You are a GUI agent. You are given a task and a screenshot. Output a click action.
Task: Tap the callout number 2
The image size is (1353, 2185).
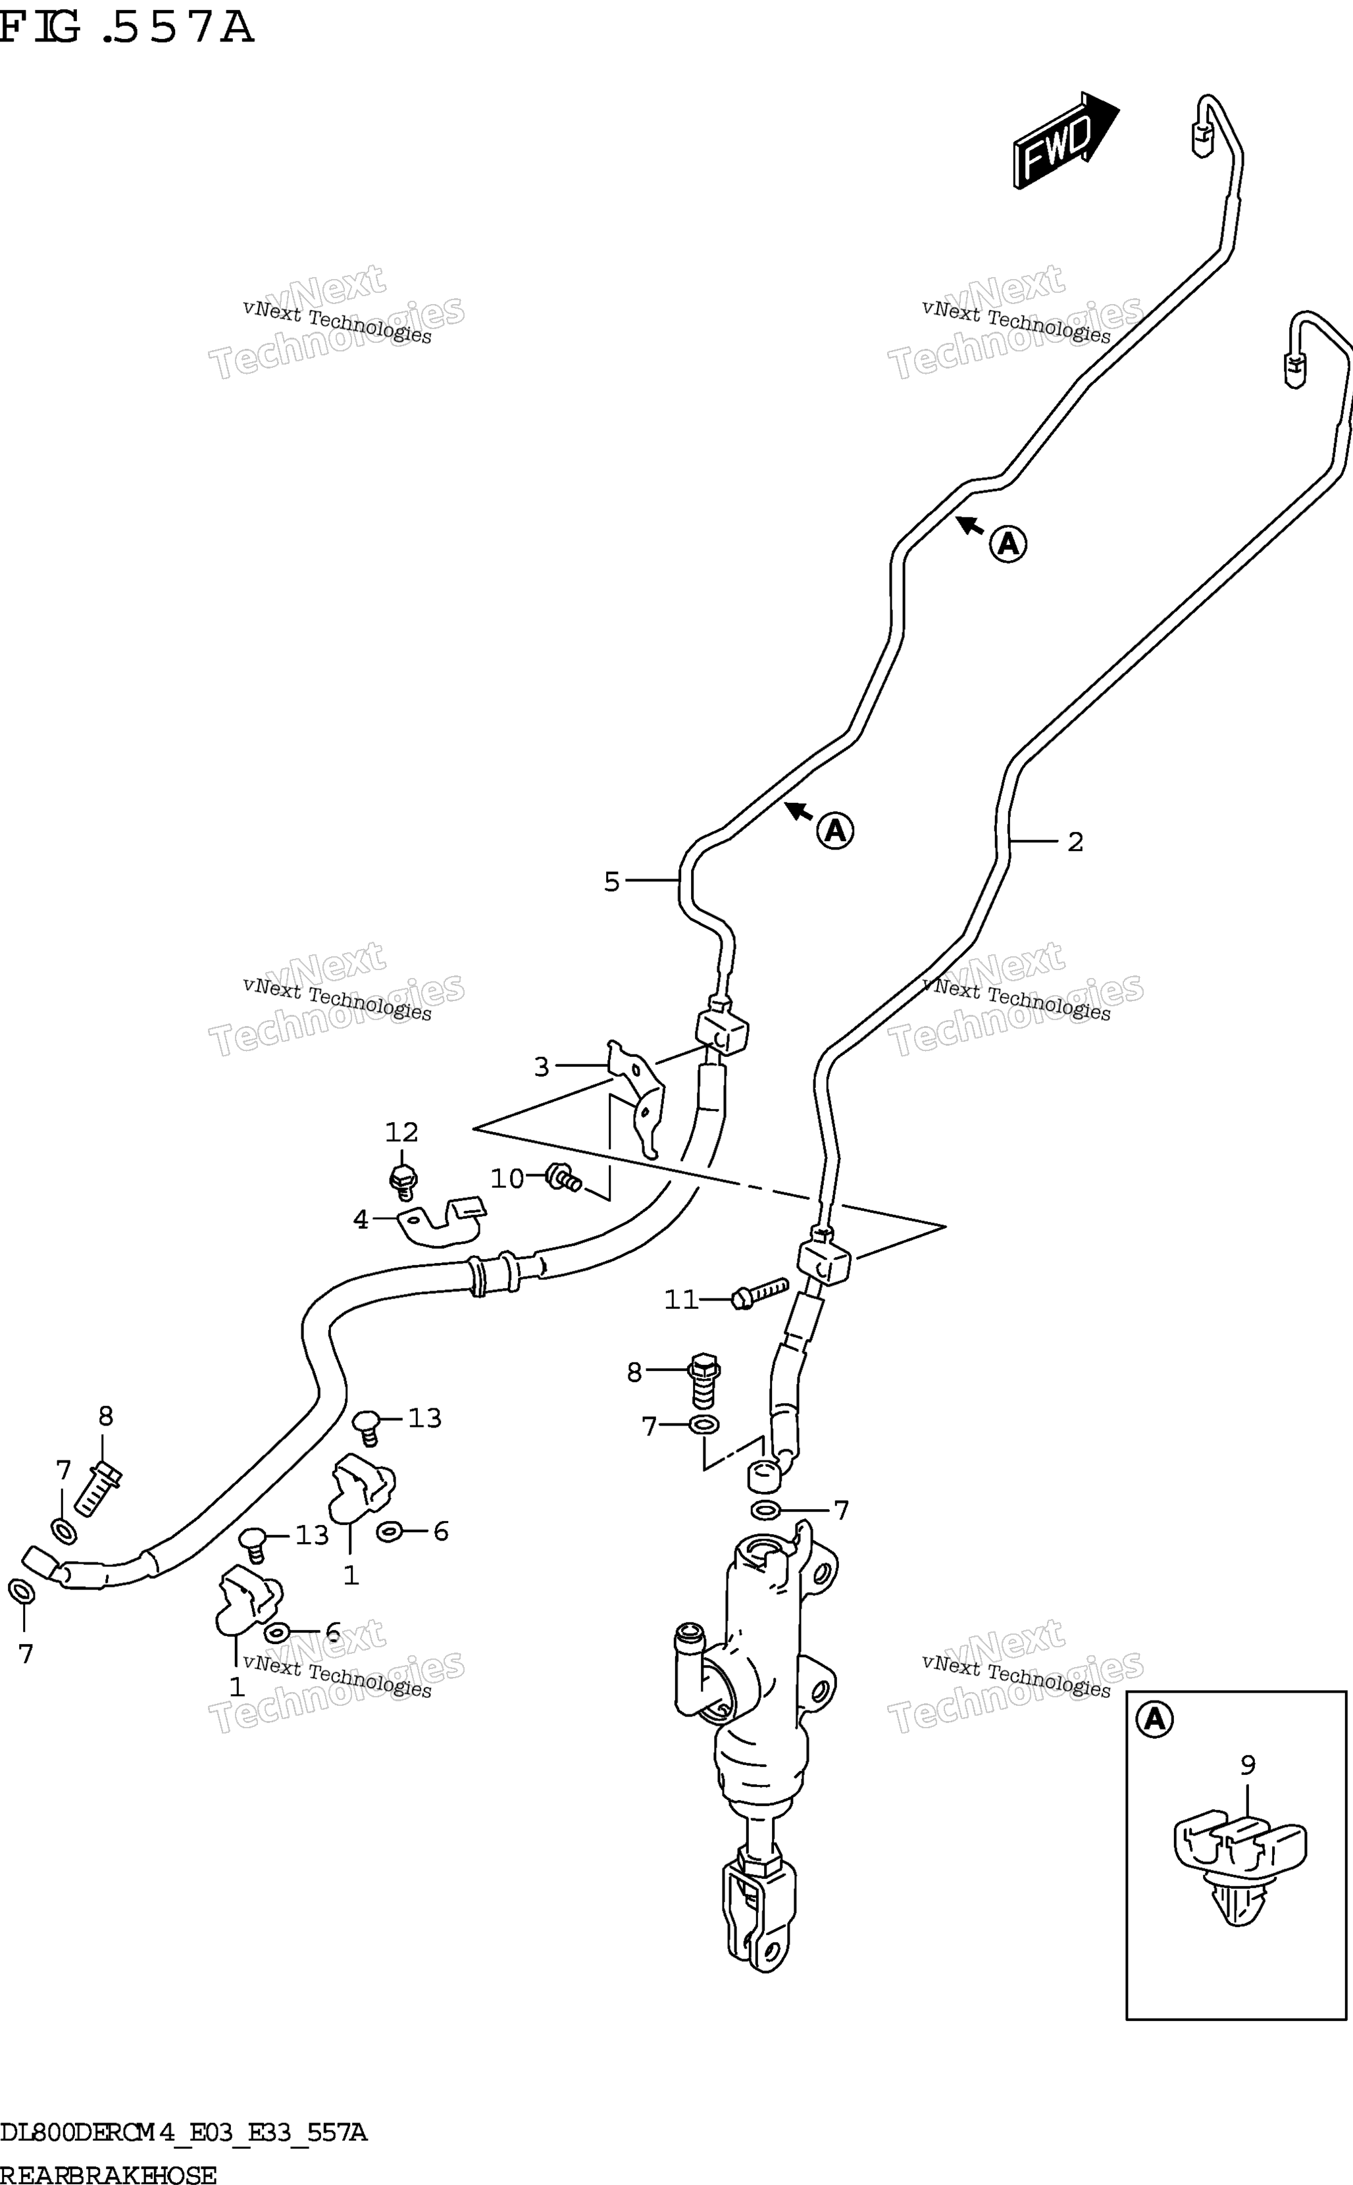pyautogui.click(x=1075, y=841)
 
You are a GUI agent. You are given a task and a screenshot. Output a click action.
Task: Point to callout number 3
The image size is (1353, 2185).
pyautogui.click(x=542, y=1067)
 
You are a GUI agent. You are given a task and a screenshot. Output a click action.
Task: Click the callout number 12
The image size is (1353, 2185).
pyautogui.click(x=402, y=1132)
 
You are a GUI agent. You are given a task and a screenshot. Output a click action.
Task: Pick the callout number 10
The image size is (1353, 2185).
pyautogui.click(x=507, y=1179)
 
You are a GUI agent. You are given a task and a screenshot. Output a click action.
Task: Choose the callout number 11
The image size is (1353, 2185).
pyautogui.click(x=681, y=1299)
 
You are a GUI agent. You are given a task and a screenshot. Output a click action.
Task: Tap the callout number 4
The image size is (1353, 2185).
pyautogui.click(x=361, y=1220)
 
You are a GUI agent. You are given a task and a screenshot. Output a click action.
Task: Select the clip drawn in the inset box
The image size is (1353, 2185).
pyautogui.click(x=1239, y=1862)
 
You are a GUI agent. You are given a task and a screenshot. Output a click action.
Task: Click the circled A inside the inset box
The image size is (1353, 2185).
pyautogui.click(x=1154, y=1719)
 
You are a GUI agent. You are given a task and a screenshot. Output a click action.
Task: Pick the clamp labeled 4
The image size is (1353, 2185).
pyautogui.click(x=440, y=1222)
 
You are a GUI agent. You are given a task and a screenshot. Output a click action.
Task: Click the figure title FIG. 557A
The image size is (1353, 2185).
pyautogui.click(x=127, y=30)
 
